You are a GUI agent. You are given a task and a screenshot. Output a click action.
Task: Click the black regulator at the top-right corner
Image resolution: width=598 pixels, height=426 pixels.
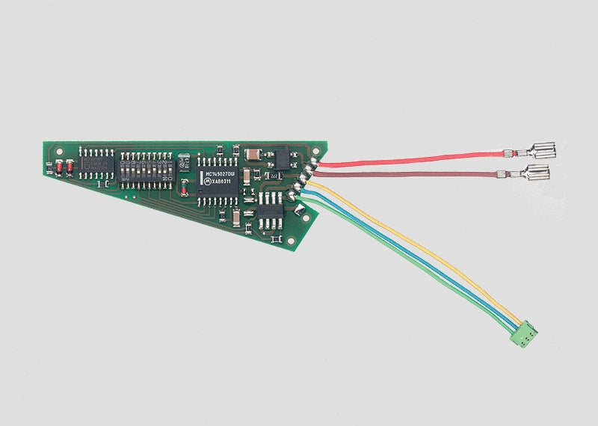pyautogui.click(x=282, y=157)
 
